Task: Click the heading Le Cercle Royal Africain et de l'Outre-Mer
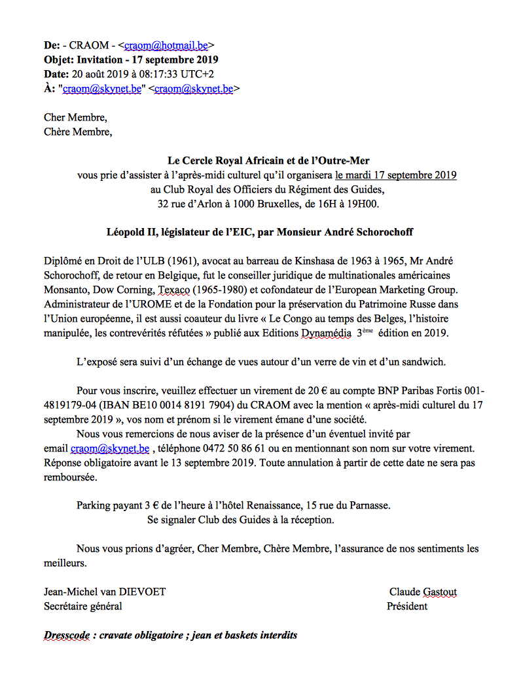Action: [x=269, y=161]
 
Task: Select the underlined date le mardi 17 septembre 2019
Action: [x=395, y=175]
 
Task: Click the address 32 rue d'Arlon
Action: [x=190, y=204]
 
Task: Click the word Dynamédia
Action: [x=325, y=333]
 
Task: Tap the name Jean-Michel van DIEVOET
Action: [x=105, y=592]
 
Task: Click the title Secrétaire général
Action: [x=82, y=606]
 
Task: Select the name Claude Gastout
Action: [x=423, y=592]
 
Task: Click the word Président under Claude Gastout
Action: [x=407, y=606]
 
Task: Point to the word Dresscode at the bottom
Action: [x=68, y=635]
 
